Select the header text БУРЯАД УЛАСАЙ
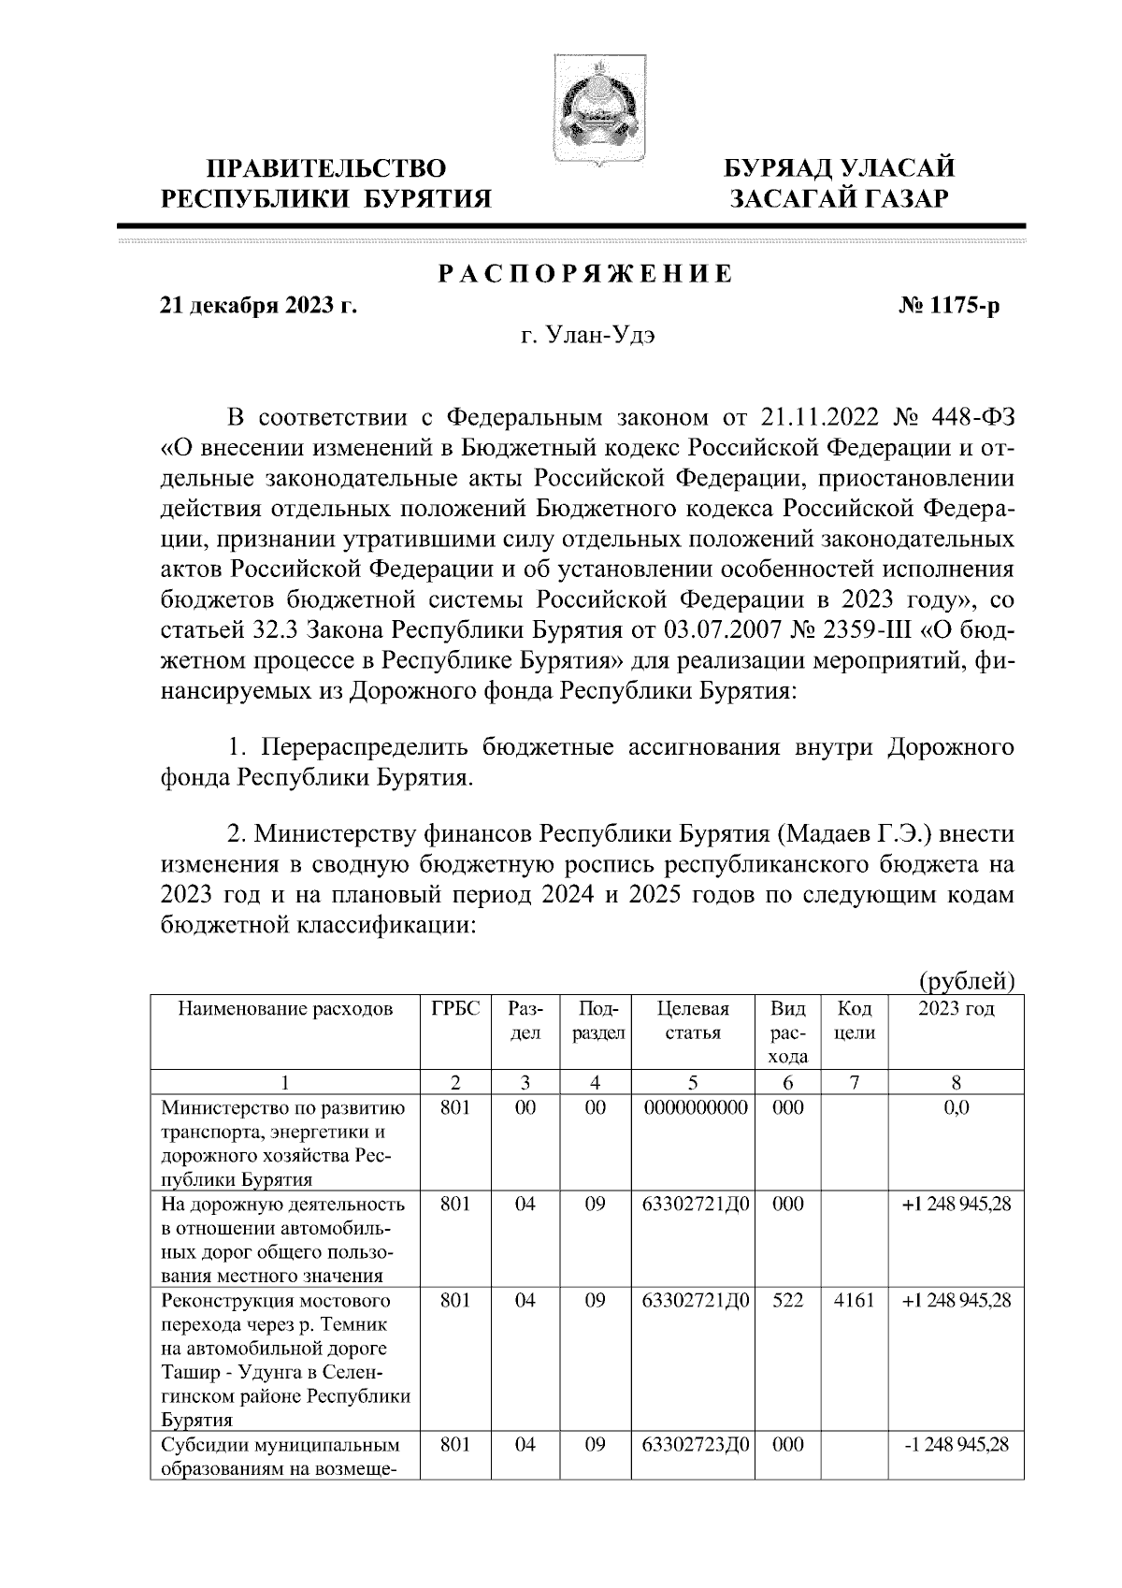pos(841,168)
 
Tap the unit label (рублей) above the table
pos(967,981)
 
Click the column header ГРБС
pos(455,1009)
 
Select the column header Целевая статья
pos(692,1020)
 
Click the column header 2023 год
pos(956,1009)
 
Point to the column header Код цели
pos(854,1020)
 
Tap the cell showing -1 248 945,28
pos(956,1445)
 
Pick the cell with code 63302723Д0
pos(692,1445)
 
